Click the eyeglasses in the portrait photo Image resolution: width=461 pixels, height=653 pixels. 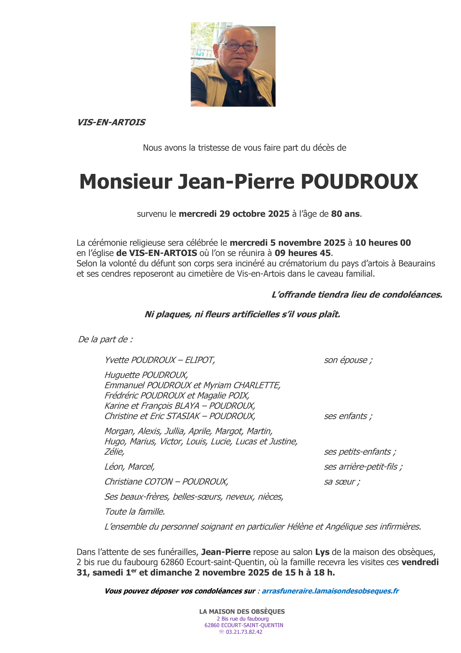coord(238,47)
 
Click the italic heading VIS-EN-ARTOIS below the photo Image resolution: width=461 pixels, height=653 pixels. coord(111,122)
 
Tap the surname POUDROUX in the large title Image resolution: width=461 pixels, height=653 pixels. coord(359,182)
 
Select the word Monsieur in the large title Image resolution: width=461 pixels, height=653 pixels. coord(125,182)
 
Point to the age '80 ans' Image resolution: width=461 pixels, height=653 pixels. coord(346,214)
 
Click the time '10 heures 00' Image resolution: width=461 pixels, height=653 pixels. coord(383,243)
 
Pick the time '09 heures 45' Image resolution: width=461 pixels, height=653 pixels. coord(302,253)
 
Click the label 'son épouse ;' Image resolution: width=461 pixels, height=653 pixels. coord(348,360)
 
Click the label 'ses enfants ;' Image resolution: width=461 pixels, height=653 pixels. coord(348,416)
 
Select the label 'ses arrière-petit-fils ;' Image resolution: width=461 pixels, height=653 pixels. coord(363,467)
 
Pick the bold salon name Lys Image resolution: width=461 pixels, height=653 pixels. coord(322,552)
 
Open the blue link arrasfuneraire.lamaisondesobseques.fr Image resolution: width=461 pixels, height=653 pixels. coord(330,591)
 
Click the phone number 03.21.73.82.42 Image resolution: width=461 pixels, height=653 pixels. coord(244,632)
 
